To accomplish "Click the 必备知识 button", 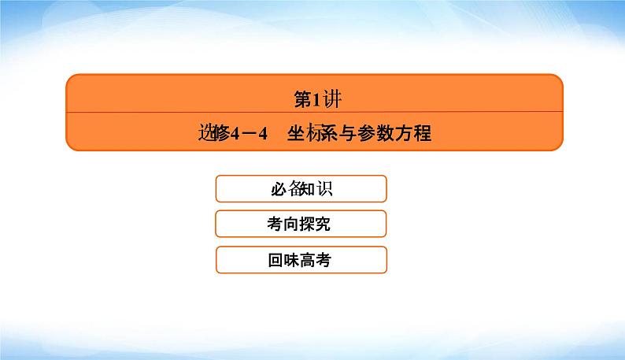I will tap(300, 189).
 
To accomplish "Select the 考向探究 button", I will tap(300, 224).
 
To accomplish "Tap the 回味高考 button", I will tap(300, 259).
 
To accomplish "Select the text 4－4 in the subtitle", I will tap(248, 134).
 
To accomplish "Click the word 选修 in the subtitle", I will tap(212, 133).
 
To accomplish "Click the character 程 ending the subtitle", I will tap(423, 133).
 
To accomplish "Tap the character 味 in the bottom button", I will tap(291, 259).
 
